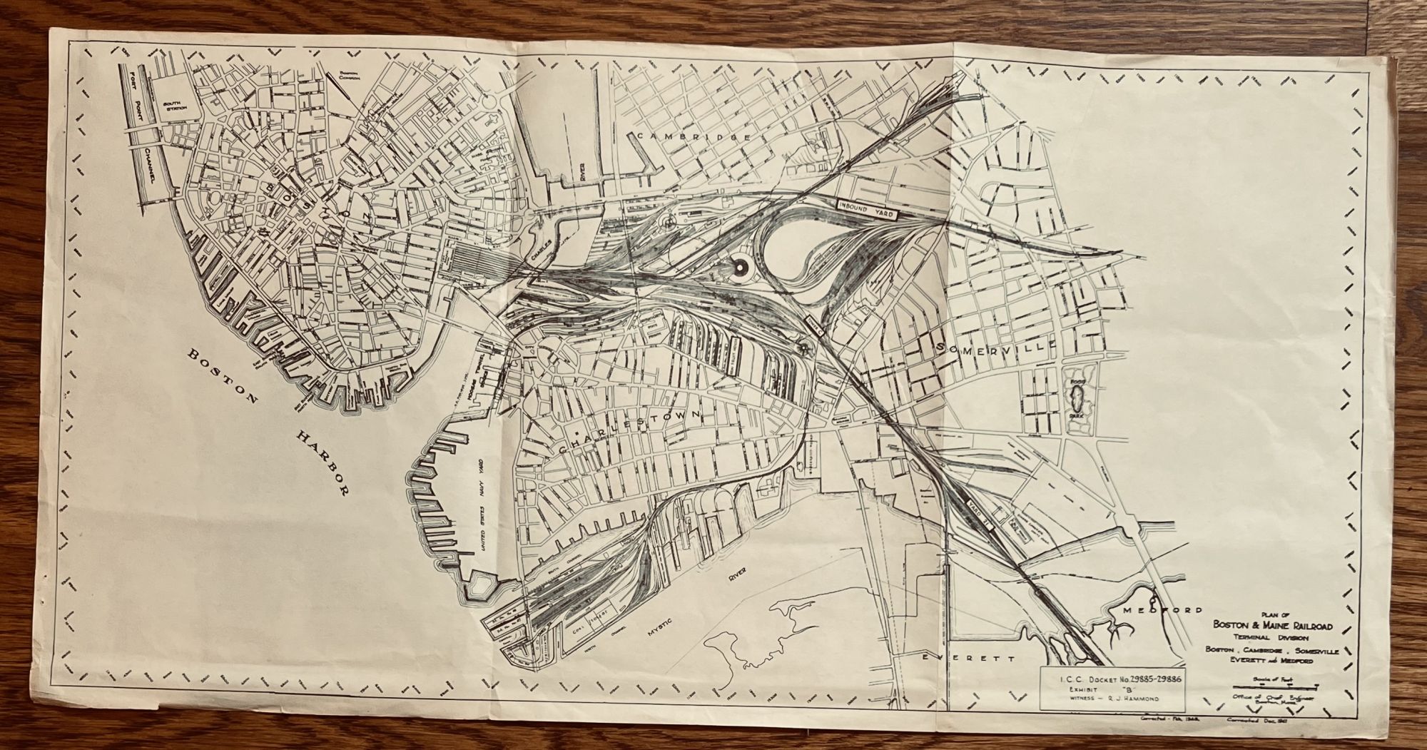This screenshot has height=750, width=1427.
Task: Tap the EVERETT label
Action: click(967, 659)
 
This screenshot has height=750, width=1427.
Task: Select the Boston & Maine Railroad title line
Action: click(1274, 626)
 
